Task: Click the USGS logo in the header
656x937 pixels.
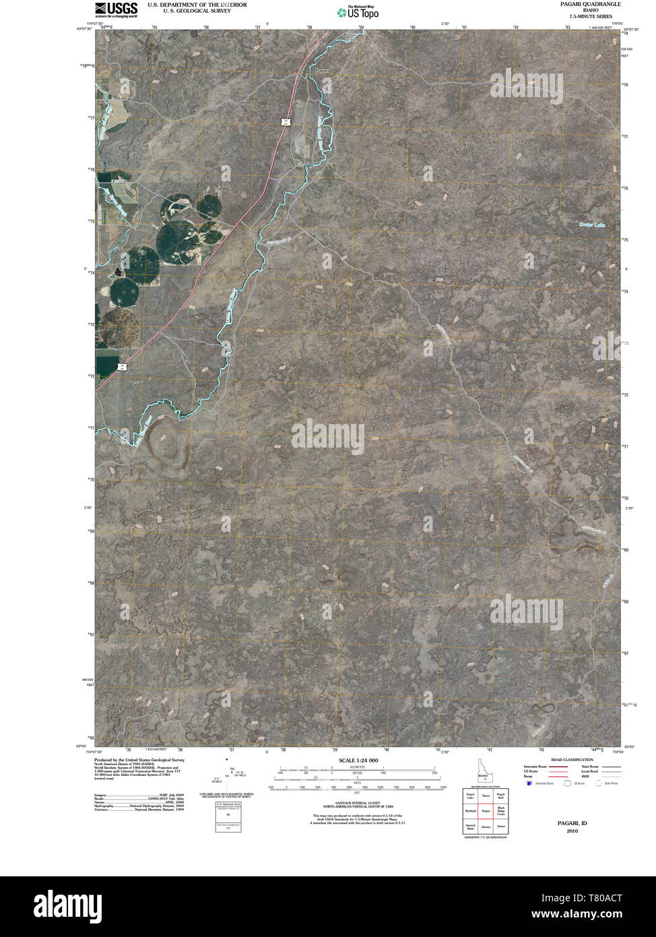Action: [x=117, y=9]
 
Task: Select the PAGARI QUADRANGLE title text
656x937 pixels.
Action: [x=590, y=4]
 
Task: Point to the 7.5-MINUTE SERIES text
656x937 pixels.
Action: [x=590, y=16]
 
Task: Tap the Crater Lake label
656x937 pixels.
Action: [x=592, y=224]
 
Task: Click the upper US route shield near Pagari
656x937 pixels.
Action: [x=286, y=121]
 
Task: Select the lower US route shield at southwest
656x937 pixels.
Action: [x=122, y=366]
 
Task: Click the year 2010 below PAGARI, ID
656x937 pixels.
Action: [x=572, y=830]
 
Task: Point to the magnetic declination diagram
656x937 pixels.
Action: [x=232, y=776]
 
